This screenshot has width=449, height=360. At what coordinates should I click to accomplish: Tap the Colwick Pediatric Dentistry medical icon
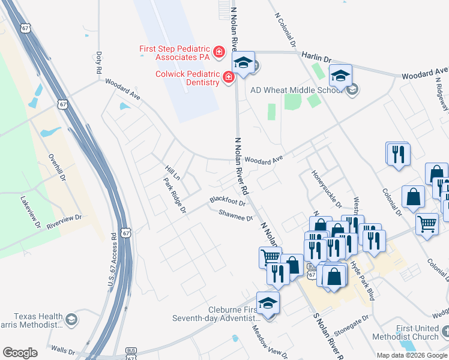(x=228, y=77)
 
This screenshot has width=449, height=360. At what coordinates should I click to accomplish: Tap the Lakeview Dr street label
(x=29, y=213)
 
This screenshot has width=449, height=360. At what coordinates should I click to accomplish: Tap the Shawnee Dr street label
(x=235, y=215)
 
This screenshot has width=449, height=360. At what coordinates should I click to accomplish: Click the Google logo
(x=20, y=353)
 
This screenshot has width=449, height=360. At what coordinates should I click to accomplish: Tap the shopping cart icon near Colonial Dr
(x=427, y=226)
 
